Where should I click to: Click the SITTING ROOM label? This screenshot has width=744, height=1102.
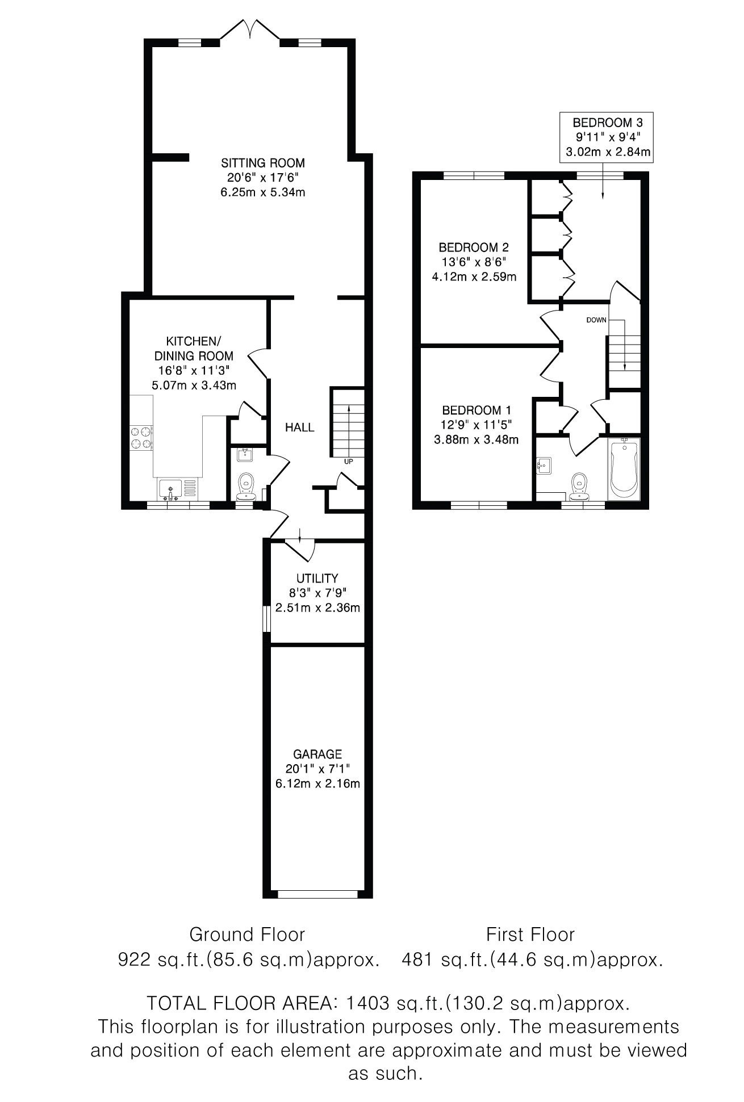point(263,163)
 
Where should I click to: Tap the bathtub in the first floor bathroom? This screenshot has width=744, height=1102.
point(624,469)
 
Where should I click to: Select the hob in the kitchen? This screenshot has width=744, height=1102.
point(142,438)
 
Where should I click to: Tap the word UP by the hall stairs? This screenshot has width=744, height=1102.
point(348,462)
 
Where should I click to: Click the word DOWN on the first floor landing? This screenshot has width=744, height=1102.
point(596,320)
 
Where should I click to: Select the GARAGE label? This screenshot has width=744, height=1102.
point(317,754)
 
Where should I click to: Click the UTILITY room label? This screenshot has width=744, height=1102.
point(317,578)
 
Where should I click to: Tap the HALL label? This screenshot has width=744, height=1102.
point(300,427)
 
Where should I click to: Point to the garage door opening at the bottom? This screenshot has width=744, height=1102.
point(318,894)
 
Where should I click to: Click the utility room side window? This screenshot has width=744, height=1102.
point(266,619)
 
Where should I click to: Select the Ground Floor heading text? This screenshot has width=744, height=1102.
point(247,935)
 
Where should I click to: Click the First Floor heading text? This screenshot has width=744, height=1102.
point(530,935)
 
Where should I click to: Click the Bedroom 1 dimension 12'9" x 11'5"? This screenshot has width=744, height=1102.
point(480,425)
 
